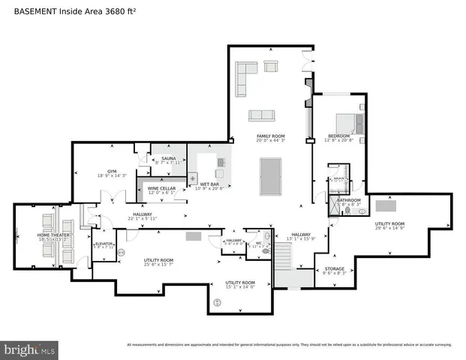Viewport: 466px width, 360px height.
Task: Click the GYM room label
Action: pyautogui.click(x=112, y=172)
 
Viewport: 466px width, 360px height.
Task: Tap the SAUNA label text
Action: pyautogui.click(x=168, y=158)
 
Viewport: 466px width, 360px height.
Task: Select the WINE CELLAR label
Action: pyautogui.click(x=161, y=188)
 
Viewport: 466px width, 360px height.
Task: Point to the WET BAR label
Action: pyautogui.click(x=209, y=184)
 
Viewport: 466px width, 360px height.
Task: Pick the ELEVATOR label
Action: pyautogui.click(x=104, y=244)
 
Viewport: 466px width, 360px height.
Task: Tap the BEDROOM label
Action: pyautogui.click(x=338, y=136)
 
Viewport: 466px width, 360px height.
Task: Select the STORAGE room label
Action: pyautogui.click(x=334, y=269)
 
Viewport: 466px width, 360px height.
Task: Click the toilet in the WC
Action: pyautogui.click(x=265, y=253)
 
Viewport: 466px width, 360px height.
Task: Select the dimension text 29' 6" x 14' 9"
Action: pyautogui.click(x=389, y=228)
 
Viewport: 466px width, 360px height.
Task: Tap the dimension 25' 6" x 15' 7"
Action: pyautogui.click(x=158, y=265)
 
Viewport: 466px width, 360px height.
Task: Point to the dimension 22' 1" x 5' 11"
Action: pyautogui.click(x=143, y=219)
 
